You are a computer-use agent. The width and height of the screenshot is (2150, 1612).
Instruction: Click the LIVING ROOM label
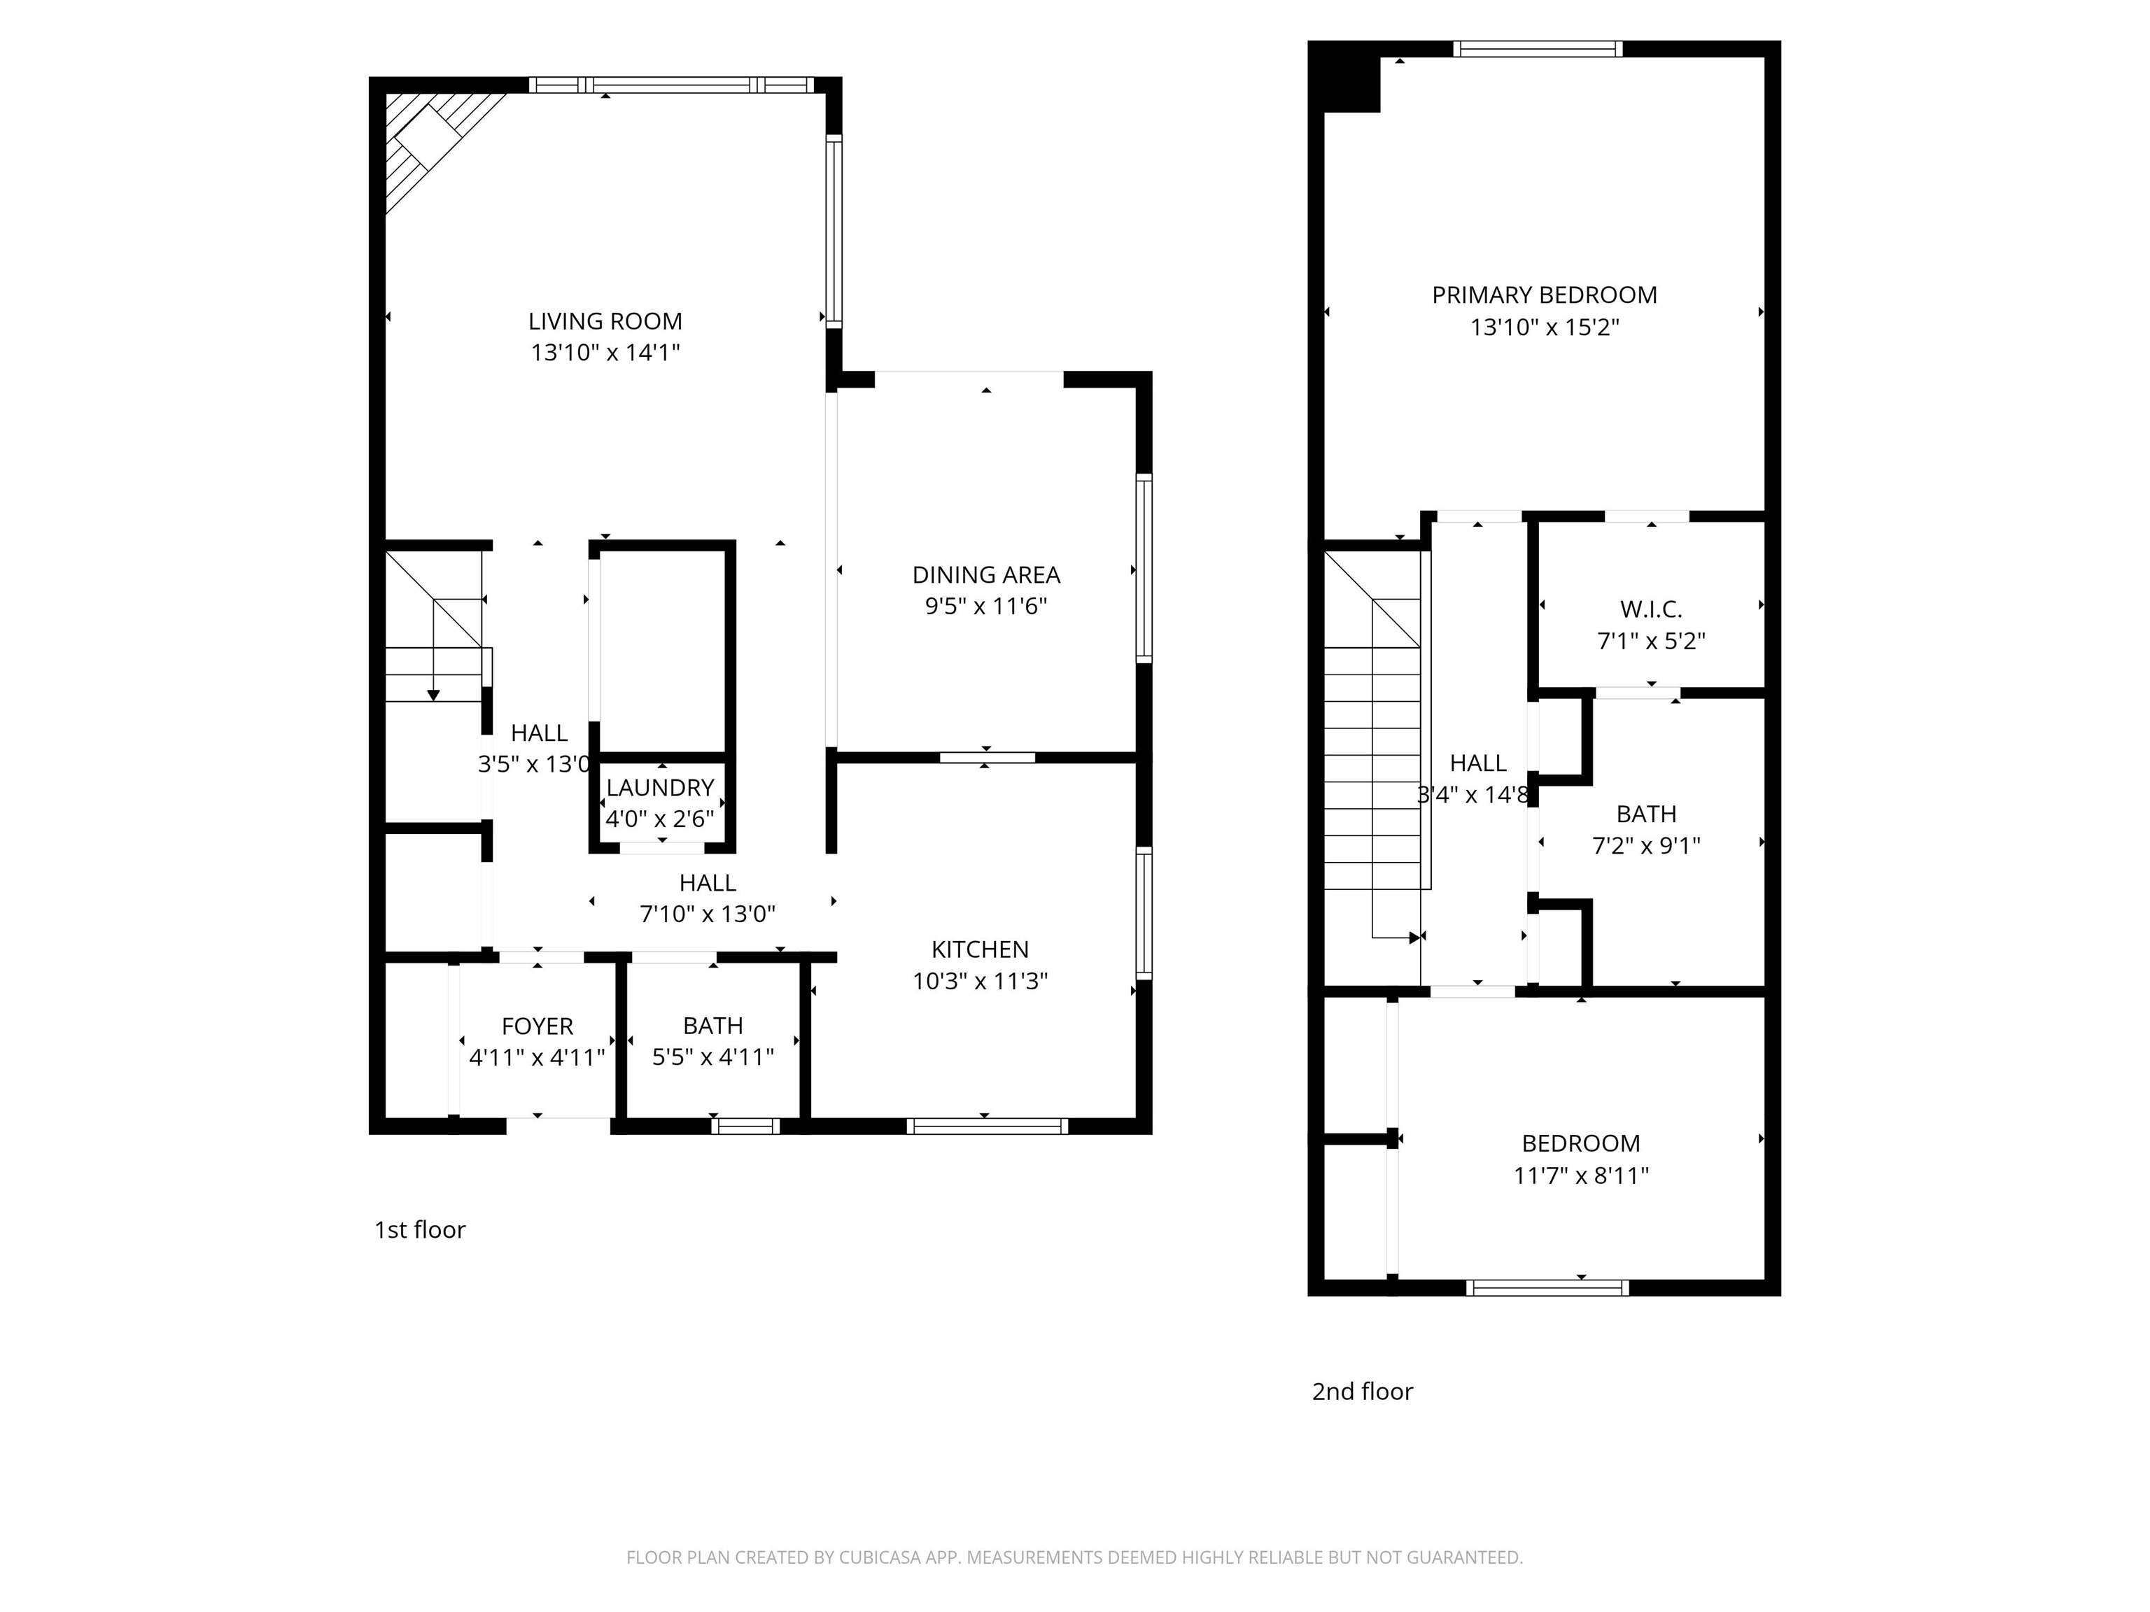[605, 320]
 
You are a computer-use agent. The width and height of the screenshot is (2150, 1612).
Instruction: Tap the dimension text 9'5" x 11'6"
[985, 607]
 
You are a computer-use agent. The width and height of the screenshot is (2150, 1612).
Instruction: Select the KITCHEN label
[980, 949]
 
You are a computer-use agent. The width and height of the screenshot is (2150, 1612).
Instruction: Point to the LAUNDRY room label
[660, 787]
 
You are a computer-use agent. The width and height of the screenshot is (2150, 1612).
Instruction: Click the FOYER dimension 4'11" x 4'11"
[537, 1057]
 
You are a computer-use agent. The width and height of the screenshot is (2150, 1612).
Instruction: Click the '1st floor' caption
[420, 1230]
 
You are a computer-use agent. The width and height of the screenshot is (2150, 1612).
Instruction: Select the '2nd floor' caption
[1362, 1392]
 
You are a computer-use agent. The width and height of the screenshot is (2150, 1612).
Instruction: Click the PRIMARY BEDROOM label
[1543, 295]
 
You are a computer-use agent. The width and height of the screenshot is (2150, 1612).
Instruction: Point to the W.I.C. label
[1650, 609]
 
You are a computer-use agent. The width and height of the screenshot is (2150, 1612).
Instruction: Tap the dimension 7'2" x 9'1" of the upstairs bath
[1645, 845]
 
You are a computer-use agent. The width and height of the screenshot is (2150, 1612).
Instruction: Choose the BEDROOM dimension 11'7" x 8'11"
[1580, 1175]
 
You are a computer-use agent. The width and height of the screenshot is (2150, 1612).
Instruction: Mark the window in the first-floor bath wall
[745, 1126]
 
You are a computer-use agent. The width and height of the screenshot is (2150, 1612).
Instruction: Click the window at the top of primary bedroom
[1538, 48]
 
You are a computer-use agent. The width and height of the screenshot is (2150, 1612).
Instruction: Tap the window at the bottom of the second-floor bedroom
[1547, 1287]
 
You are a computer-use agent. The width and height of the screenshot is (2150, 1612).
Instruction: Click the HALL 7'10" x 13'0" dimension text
[707, 914]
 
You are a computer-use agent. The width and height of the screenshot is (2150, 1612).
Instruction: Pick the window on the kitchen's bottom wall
[987, 1126]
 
